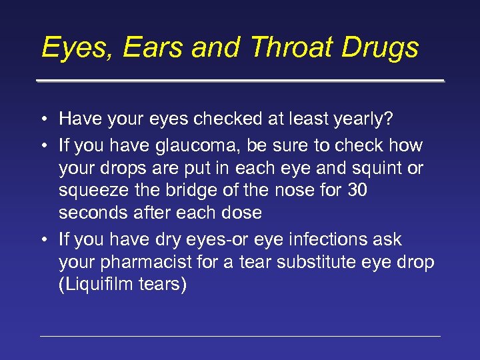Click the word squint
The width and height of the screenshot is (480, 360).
coord(369,168)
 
